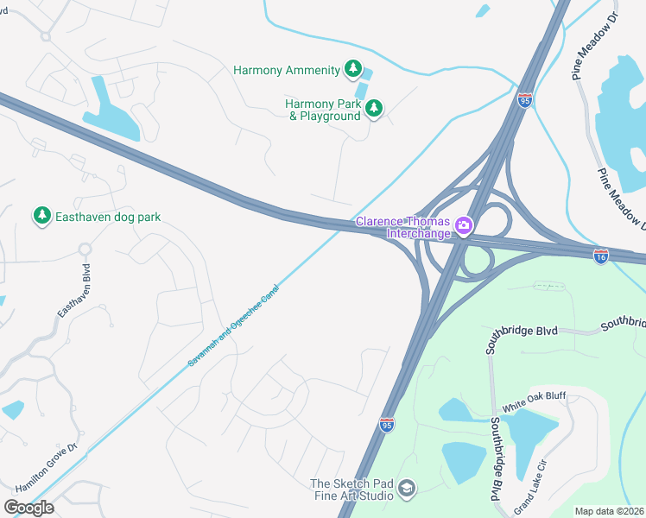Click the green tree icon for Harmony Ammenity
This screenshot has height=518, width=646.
pos(352,68)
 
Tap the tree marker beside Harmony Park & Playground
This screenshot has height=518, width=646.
pos(374,109)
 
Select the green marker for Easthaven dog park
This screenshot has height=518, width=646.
pos(41,216)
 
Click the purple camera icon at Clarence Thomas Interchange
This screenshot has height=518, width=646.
pos(464,226)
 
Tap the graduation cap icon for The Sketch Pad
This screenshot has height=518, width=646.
pos(406,490)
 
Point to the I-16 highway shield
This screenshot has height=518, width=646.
pos(601,256)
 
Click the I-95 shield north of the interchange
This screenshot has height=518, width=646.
pos(525,100)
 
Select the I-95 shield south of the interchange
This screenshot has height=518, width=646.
pos(387,424)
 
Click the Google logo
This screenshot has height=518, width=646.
pos(28,507)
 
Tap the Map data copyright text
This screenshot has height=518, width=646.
pos(609,511)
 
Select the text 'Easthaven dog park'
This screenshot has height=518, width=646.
pos(108,217)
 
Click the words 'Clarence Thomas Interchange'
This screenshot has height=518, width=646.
pos(405,228)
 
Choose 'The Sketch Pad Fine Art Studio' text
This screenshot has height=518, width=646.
pos(351,490)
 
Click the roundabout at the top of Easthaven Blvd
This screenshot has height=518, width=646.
pos(85,250)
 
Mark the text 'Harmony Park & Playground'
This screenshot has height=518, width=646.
pos(324,110)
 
